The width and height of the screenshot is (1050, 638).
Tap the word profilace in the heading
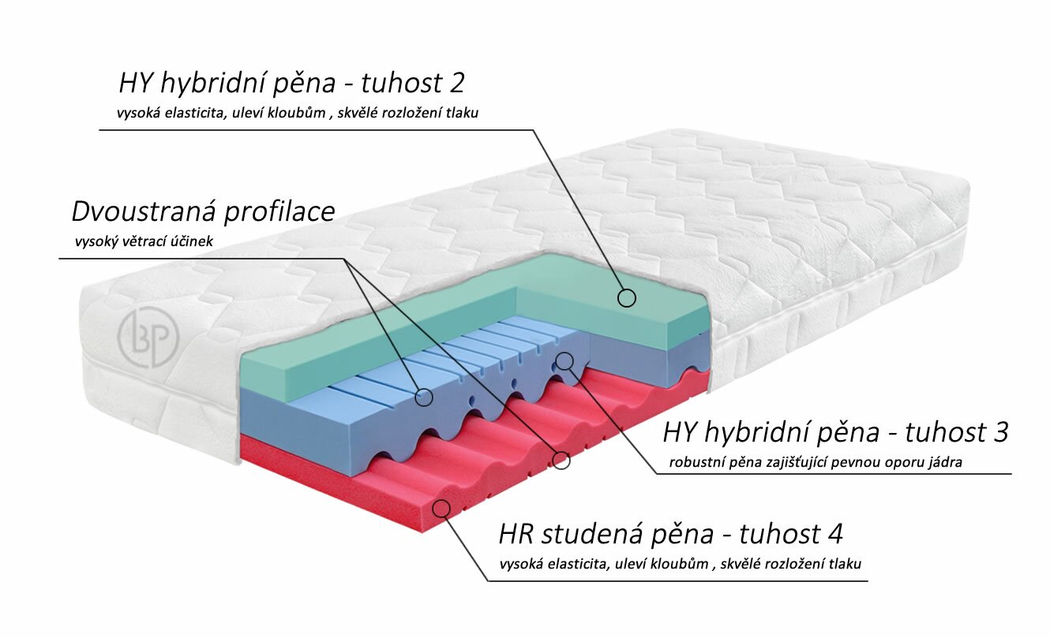pyautogui.click(x=279, y=213)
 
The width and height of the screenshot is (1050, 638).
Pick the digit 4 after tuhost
pyautogui.click(x=834, y=534)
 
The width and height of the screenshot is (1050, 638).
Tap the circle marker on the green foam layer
pyautogui.click(x=627, y=297)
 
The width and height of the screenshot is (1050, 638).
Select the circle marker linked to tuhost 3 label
pyautogui.click(x=564, y=361)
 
